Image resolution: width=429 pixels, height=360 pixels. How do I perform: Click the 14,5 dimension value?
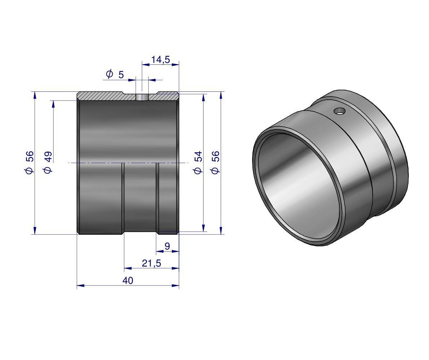pos(161,60)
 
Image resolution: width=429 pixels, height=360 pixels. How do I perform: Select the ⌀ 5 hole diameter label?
pos(115,74)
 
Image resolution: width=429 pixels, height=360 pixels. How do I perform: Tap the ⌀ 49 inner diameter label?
pos(48,162)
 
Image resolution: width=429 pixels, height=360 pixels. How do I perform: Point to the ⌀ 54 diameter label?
pos(198,162)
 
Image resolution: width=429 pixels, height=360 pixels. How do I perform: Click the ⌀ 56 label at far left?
pos(29,162)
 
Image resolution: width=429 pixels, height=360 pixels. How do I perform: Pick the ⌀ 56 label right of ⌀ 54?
pos(215,162)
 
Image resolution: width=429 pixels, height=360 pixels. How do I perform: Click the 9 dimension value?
pos(167,246)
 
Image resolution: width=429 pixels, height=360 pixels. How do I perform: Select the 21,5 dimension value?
pos(151,263)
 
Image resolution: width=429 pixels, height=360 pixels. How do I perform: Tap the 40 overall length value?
pos(128,281)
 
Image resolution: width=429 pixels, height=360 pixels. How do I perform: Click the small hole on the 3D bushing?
pos(340,111)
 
